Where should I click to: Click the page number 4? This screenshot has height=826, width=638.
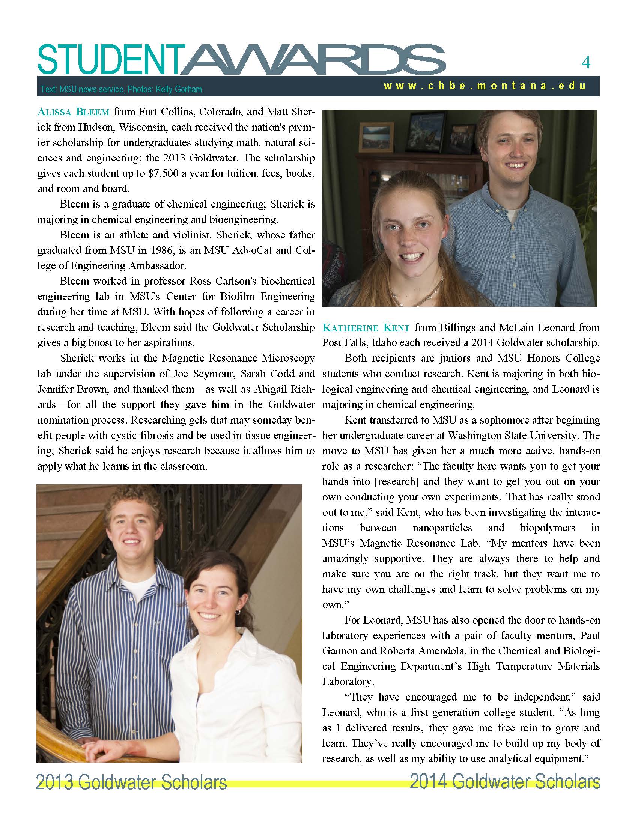click(x=585, y=63)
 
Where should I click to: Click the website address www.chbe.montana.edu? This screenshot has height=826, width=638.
click(x=485, y=86)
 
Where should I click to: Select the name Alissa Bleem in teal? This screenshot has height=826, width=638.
click(x=73, y=112)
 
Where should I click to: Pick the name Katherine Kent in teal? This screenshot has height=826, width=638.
click(x=366, y=327)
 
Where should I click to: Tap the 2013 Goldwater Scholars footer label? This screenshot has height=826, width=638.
click(x=131, y=782)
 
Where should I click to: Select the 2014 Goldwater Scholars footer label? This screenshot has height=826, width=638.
click(x=505, y=782)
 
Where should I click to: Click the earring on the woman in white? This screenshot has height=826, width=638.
click(x=238, y=612)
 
